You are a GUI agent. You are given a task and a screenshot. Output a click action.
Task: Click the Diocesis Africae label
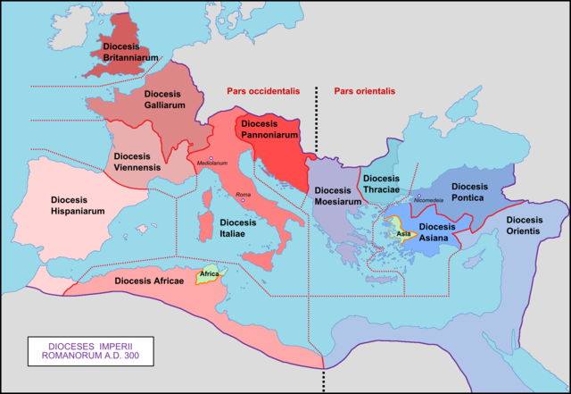pos(149,281)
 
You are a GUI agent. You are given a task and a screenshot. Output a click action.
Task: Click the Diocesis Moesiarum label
pos(337,196)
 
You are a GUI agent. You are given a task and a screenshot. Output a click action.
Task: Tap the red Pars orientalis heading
pos(364,91)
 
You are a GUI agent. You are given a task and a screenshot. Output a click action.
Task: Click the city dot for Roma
pos(242,201)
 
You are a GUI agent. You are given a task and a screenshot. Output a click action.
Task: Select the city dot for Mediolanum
pos(211,157)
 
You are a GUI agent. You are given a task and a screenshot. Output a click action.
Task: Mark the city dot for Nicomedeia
pos(418,196)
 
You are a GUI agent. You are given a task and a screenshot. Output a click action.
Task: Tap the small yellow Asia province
pos(401,233)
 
